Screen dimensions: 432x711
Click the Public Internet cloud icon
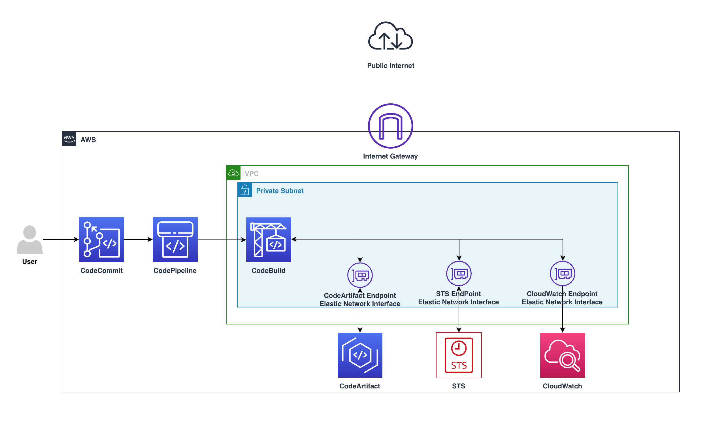tap(390, 36)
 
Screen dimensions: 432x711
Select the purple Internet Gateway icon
tap(390, 126)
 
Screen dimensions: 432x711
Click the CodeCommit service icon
tap(102, 239)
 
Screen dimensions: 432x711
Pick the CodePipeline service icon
tap(175, 239)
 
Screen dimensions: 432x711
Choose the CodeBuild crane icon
tap(268, 239)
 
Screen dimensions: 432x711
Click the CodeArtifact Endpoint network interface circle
tap(360, 275)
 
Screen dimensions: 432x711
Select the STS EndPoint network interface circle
tap(459, 273)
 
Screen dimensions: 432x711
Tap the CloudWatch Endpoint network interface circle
tap(562, 273)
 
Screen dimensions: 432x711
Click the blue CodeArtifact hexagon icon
tap(360, 355)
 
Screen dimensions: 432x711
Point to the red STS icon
tap(459, 355)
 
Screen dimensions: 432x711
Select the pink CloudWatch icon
tap(562, 355)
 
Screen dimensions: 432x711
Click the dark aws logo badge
tap(69, 139)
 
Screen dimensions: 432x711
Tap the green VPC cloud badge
tap(233, 173)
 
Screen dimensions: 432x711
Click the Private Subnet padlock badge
tap(245, 190)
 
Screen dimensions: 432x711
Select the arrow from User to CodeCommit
tap(61, 239)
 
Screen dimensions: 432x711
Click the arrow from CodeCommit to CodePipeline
tap(138, 239)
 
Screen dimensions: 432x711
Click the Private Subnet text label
tap(280, 191)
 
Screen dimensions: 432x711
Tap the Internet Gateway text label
tap(390, 156)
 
